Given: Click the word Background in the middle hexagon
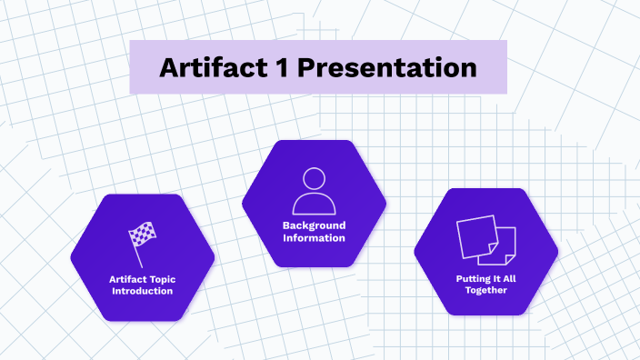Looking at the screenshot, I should coord(314,225).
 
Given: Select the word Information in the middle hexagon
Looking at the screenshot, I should coord(314,237).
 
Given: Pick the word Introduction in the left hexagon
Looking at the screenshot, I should coord(142,291).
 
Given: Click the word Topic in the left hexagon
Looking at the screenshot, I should coord(160,279).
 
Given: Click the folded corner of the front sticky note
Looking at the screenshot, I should coord(493,248).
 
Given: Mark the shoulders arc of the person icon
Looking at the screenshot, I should coord(314,202).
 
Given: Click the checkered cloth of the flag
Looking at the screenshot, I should coord(145,235).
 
